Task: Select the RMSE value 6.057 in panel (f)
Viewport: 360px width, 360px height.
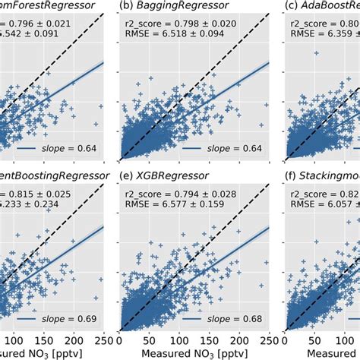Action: click(x=340, y=210)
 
